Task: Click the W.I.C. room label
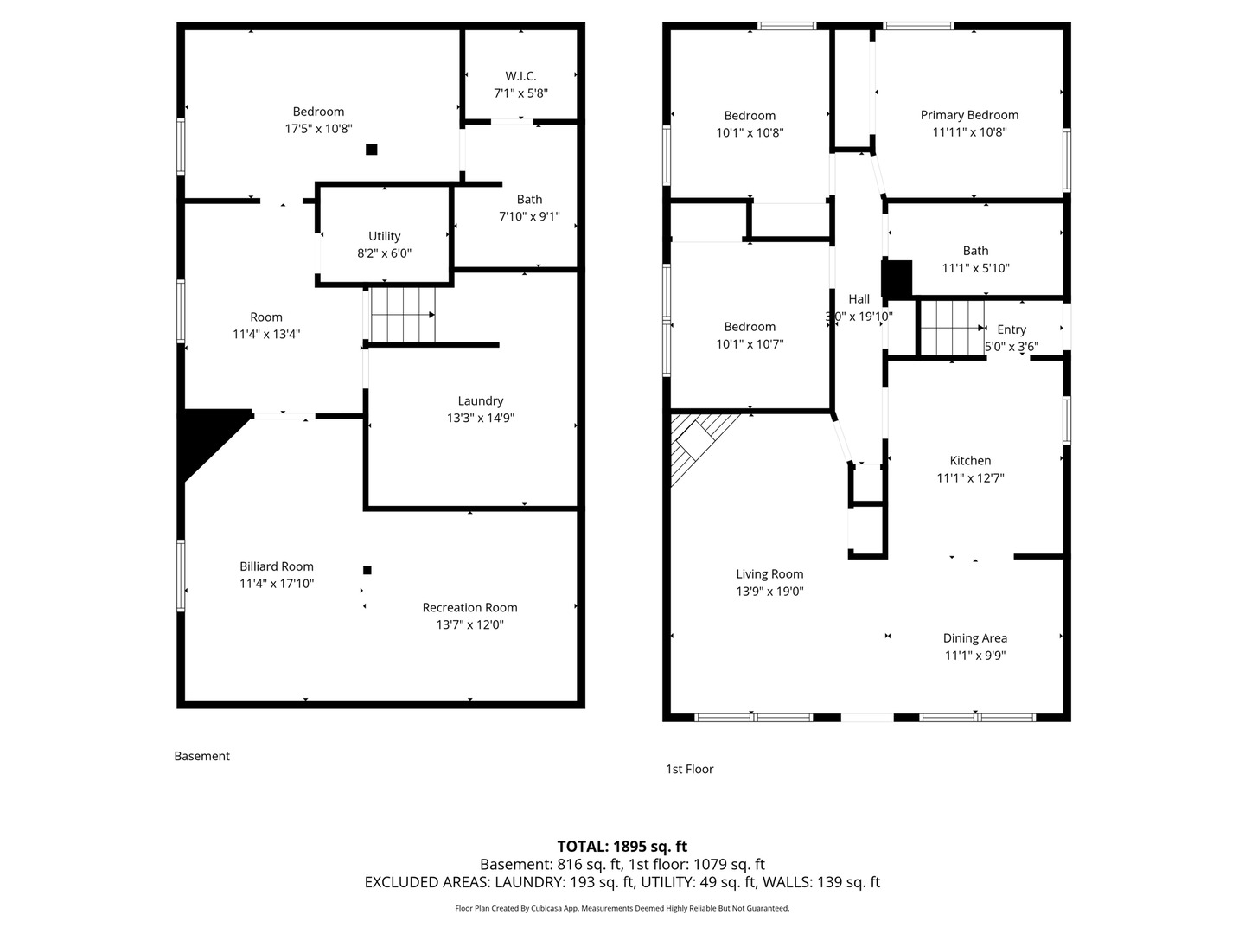click(x=520, y=76)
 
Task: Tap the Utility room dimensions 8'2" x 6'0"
click(x=384, y=253)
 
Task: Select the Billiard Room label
click(x=276, y=566)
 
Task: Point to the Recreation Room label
click(x=469, y=608)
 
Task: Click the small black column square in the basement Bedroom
click(x=371, y=149)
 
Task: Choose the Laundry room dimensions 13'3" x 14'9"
click(x=481, y=418)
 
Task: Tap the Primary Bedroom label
click(x=969, y=115)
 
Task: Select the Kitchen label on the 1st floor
click(x=970, y=461)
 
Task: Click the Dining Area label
click(x=975, y=638)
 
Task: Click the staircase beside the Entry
click(x=952, y=328)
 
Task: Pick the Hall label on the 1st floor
click(x=859, y=299)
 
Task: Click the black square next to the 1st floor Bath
click(x=897, y=279)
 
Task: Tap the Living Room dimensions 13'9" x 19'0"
click(x=769, y=592)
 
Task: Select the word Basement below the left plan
click(x=202, y=756)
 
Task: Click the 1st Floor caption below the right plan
click(x=689, y=769)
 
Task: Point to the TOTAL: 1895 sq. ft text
click(x=622, y=847)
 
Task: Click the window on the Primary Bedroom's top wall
click(x=918, y=26)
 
